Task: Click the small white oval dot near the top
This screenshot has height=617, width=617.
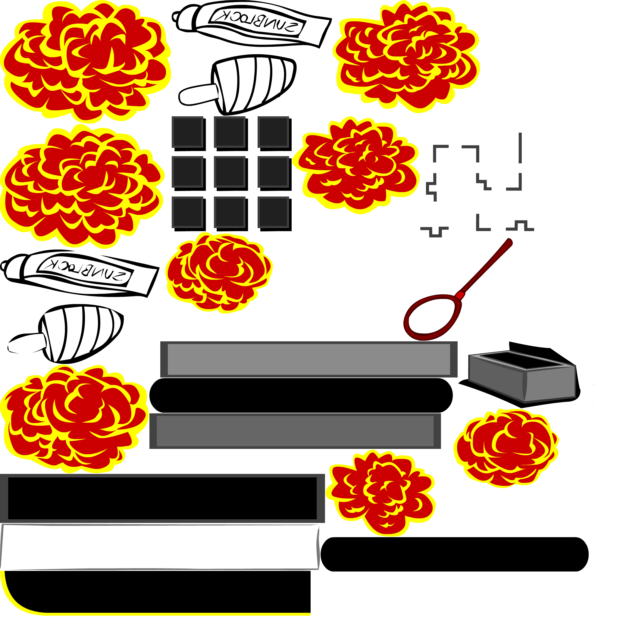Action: click(x=244, y=18)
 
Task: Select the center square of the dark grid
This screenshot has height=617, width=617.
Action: click(x=230, y=172)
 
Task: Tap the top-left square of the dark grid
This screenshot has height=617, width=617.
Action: click(x=187, y=132)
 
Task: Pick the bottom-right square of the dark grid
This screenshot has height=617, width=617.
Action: click(x=273, y=212)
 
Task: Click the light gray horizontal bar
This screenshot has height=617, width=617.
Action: click(x=308, y=359)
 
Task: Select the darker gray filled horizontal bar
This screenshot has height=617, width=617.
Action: click(x=295, y=431)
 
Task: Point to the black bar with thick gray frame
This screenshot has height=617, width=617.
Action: click(x=162, y=498)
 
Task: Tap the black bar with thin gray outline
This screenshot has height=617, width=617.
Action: click(x=160, y=547)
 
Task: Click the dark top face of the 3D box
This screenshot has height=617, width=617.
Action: click(x=521, y=360)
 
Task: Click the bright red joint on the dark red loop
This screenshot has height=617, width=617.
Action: click(x=460, y=295)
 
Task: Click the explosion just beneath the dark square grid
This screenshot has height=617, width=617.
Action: click(x=219, y=272)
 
